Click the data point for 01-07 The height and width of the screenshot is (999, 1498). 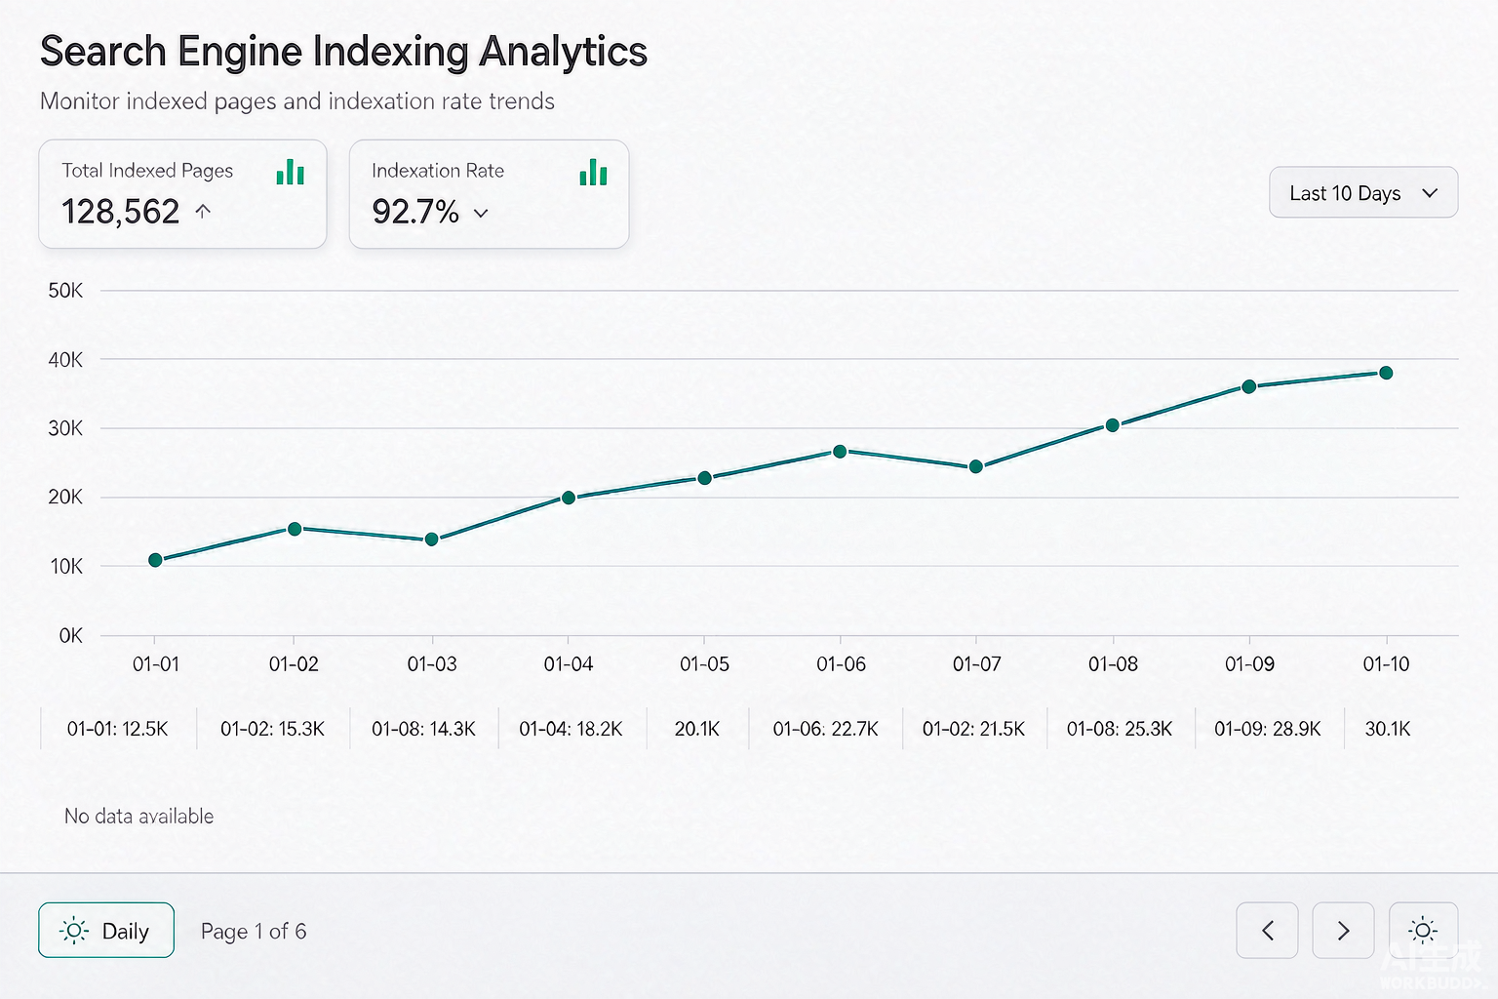pos(975,466)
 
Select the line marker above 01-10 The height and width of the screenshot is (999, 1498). pos(1386,373)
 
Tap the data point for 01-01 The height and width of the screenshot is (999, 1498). pos(155,560)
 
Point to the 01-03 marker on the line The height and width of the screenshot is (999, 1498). pos(432,539)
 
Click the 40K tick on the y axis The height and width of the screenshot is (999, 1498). pos(65,360)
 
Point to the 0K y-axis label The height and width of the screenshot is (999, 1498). pos(71,636)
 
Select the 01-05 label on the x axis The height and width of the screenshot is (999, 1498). pos(704,663)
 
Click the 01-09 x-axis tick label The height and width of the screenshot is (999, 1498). pos(1249,663)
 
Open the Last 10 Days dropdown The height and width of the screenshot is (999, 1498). pos(1363,193)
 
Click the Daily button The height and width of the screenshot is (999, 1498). pos(106,930)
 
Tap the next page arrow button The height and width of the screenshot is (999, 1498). pos(1343,930)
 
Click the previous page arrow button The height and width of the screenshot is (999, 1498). pos(1267,930)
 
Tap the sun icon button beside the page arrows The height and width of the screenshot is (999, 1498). pos(1423,930)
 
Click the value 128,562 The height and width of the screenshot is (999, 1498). pos(120,212)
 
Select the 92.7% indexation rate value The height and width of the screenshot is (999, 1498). pos(415,212)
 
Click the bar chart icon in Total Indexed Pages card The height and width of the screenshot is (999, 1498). pos(291,172)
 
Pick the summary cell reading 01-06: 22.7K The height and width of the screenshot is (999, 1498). pos(825,728)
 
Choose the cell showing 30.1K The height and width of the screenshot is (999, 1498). pos(1387,728)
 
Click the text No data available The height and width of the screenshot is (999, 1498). pos(139,817)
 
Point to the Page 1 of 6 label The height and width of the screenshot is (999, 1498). pos(254,931)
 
